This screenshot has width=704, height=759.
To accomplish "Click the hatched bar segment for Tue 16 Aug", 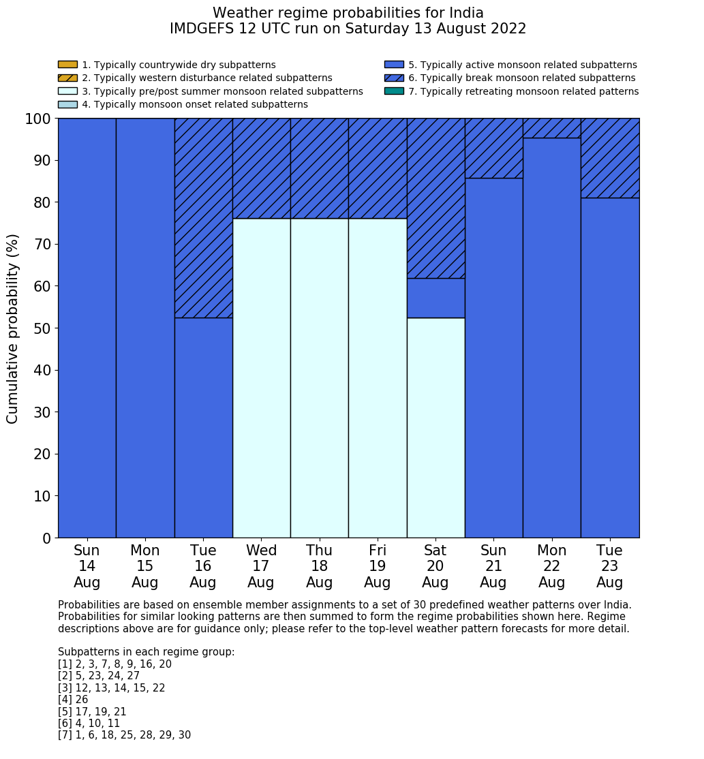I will tap(203, 218).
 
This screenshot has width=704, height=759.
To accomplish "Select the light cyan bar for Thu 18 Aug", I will tap(319, 378).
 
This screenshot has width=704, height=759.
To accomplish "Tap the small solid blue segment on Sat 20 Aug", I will tap(435, 298).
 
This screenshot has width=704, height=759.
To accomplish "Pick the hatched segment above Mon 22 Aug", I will tap(551, 128).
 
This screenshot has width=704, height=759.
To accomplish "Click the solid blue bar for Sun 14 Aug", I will tap(87, 328).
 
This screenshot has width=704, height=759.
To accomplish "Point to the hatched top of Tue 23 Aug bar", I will tap(610, 158).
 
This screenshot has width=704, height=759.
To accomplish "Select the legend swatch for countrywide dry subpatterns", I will tap(67, 65).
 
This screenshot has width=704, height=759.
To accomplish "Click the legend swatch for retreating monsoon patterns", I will tap(394, 91).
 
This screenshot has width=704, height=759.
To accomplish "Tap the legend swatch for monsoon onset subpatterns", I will tap(67, 104).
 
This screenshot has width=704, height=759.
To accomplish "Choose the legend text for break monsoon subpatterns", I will tap(521, 78).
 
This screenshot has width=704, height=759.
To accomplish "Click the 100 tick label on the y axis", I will tap(37, 119).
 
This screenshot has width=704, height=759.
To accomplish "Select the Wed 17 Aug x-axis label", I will tap(261, 566).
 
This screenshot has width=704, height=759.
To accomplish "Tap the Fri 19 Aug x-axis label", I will tap(378, 566).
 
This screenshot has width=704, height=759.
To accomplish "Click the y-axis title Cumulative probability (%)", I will tap(13, 328).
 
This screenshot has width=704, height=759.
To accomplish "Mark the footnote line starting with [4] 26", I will tap(73, 700).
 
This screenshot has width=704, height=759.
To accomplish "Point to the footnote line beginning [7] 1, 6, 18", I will tap(124, 735).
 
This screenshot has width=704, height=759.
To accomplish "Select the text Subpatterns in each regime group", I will tap(146, 652).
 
